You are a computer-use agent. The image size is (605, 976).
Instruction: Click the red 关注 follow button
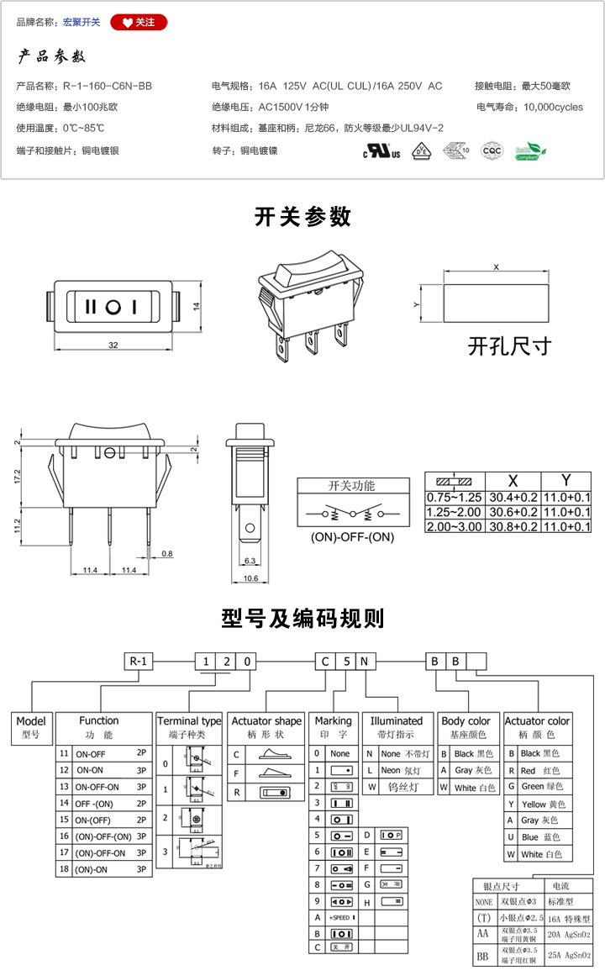click(x=139, y=23)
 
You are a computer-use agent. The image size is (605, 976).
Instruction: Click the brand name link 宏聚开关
click(x=82, y=23)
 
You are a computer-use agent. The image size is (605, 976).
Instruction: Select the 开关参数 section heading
click(x=302, y=217)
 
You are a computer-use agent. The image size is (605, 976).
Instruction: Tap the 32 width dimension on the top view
click(x=113, y=346)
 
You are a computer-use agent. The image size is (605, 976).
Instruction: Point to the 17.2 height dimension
click(x=18, y=477)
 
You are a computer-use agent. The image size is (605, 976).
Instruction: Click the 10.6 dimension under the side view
click(x=250, y=578)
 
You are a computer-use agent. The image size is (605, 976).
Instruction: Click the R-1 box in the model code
click(x=139, y=661)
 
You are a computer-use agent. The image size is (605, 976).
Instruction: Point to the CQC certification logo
click(x=492, y=151)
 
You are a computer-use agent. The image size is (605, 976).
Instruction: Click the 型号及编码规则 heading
click(x=302, y=619)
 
